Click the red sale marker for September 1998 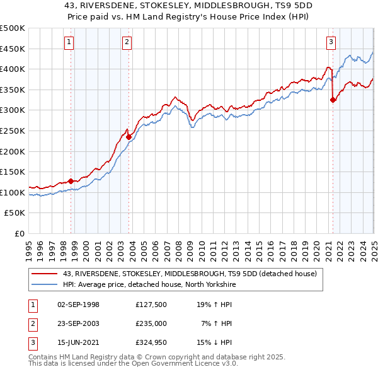[x=71, y=181]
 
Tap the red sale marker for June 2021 [x=333, y=100]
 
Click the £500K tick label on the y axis [x=13, y=28]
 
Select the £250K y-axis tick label [x=13, y=131]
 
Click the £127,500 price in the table [x=151, y=305]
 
